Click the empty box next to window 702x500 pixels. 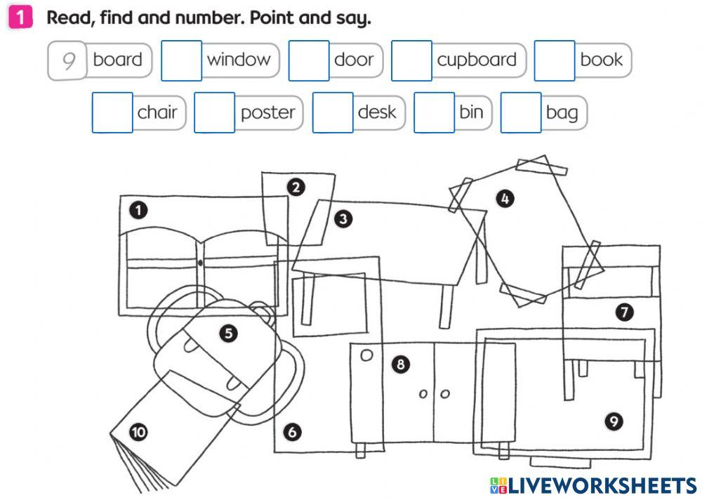tap(181, 61)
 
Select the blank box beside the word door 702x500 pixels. tap(309, 61)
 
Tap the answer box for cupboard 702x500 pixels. tap(411, 61)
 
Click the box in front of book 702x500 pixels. tap(555, 61)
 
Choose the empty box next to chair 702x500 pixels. tap(112, 112)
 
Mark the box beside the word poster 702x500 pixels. tap(214, 112)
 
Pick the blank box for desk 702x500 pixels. tap(333, 112)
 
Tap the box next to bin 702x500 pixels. tap(434, 112)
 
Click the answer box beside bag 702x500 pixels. tap(521, 112)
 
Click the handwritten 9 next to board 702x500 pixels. tap(68, 61)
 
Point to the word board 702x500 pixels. tap(117, 60)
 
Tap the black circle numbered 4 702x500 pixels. tap(504, 199)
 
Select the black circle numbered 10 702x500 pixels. tap(138, 433)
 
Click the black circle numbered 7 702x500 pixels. tap(624, 312)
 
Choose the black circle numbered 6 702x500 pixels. tap(292, 433)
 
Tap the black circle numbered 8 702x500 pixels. tap(400, 364)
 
